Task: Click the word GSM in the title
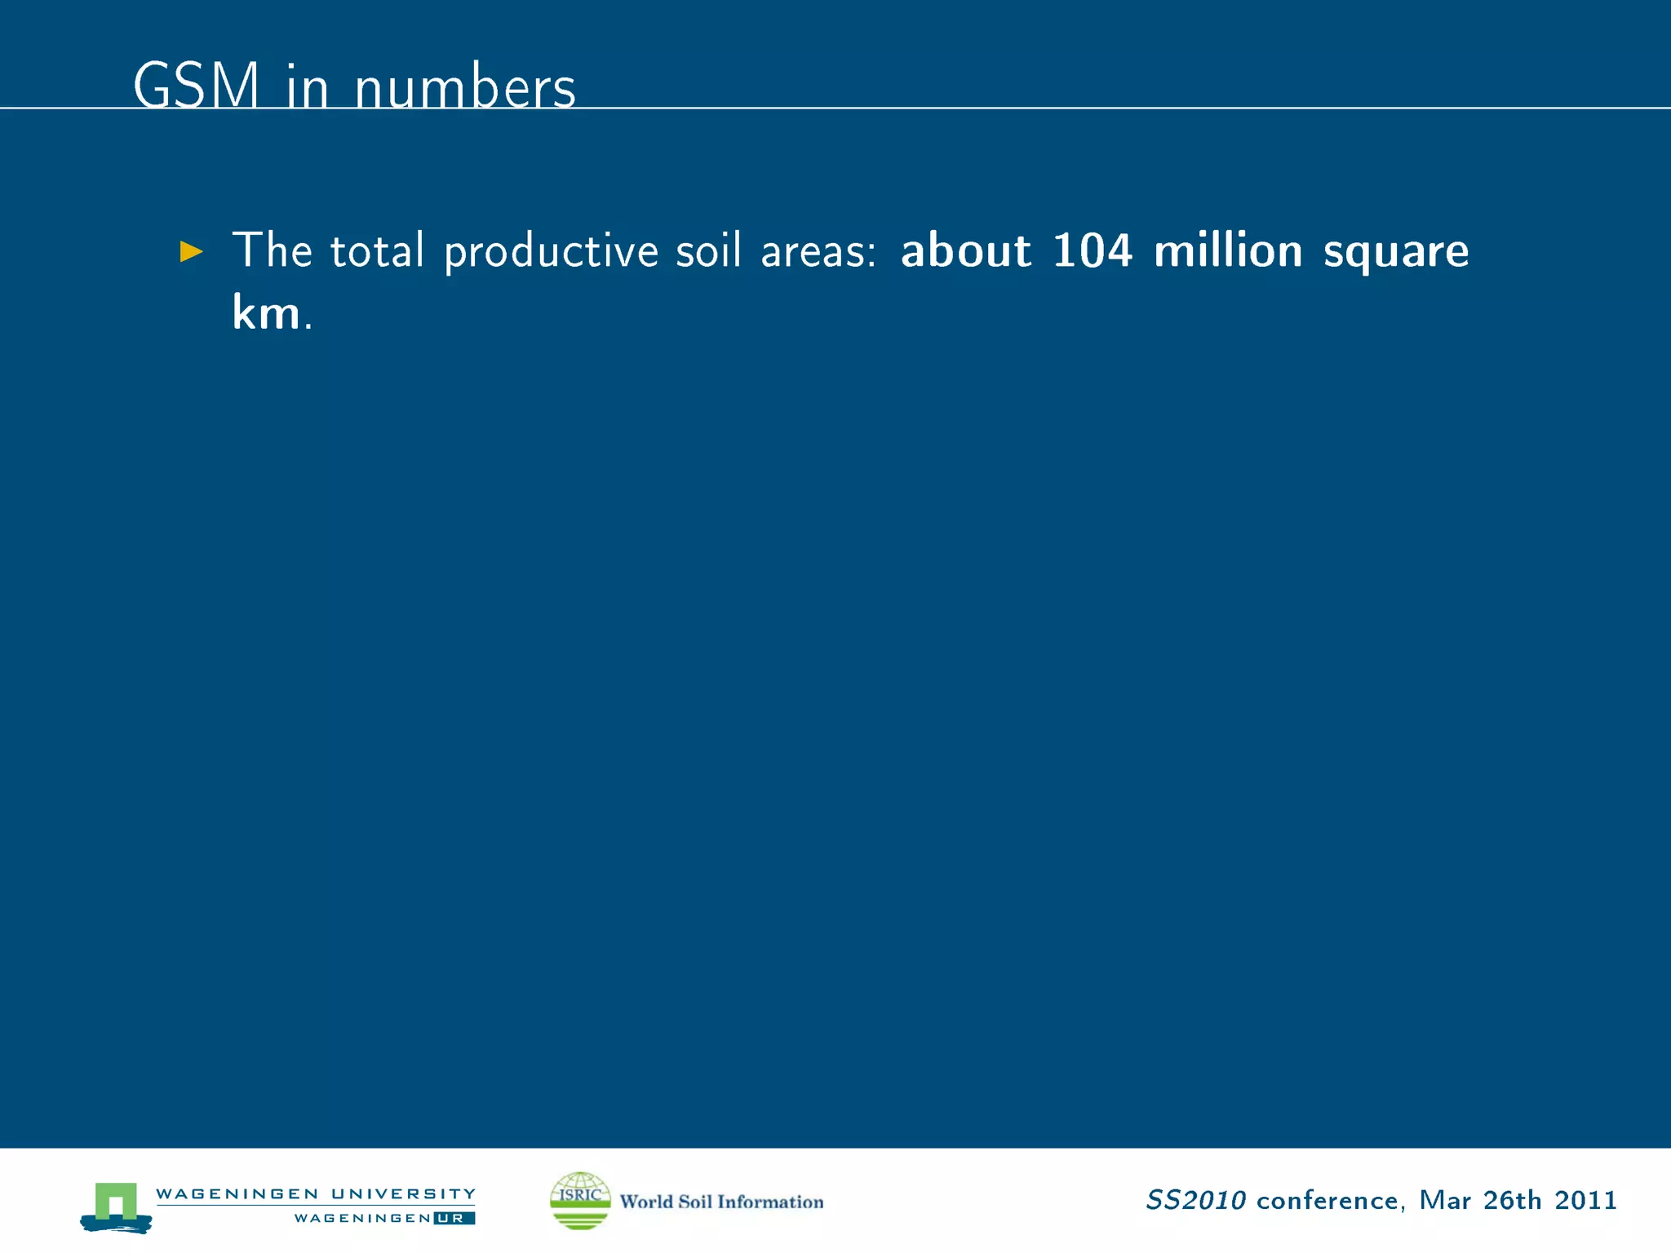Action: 196,86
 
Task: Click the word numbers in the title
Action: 465,87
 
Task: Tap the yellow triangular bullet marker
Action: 191,251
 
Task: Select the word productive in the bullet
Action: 551,251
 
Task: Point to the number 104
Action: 1092,250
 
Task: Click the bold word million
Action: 1228,250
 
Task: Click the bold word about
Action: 965,250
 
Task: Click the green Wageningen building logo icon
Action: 116,1206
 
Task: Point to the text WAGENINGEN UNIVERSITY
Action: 315,1193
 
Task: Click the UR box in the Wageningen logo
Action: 454,1218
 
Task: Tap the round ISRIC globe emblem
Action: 580,1200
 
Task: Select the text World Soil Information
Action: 721,1202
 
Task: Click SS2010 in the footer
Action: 1195,1200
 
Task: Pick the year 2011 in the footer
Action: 1585,1200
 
